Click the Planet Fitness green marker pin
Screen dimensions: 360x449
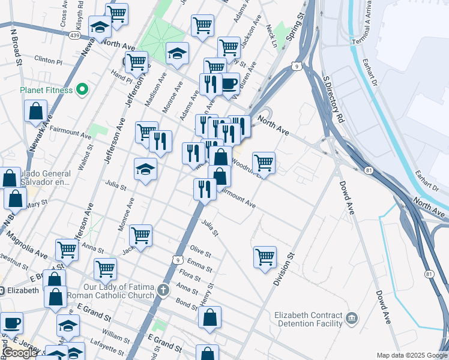(x=82, y=91)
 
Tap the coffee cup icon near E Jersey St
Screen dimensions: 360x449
(x=11, y=323)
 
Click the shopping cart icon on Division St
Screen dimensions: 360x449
(x=265, y=257)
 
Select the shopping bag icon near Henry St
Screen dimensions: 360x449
(x=209, y=318)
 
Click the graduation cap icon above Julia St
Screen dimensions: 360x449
(x=145, y=169)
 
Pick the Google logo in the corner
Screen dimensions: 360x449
(x=20, y=353)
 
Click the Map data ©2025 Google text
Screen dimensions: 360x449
(x=412, y=355)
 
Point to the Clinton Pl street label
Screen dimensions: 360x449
(x=49, y=61)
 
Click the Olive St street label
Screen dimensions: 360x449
(x=200, y=251)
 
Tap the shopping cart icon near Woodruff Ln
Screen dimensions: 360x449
(x=264, y=162)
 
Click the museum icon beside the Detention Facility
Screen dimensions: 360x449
(x=352, y=317)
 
